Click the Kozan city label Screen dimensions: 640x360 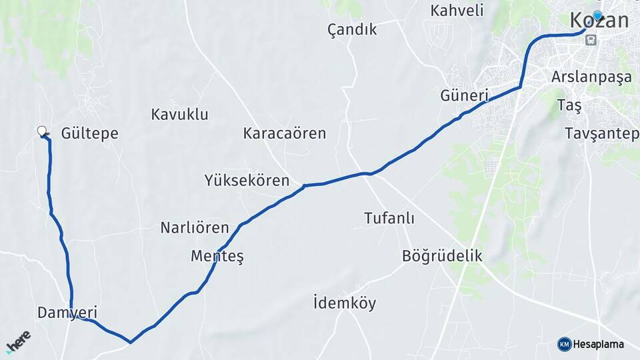(599, 21)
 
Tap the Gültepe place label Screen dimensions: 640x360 (89, 133)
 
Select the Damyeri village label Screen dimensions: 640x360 (67, 312)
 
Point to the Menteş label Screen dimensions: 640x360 (217, 256)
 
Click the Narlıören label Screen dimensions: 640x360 (194, 228)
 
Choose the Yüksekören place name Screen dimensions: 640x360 (247, 180)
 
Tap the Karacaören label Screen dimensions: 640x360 (284, 133)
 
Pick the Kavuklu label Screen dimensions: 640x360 (179, 114)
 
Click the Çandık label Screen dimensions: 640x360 (352, 29)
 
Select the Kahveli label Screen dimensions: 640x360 (457, 11)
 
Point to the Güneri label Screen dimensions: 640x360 (464, 95)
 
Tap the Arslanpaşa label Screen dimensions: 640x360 (591, 77)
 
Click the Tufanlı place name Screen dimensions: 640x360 (389, 218)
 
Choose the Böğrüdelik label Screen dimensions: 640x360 (441, 256)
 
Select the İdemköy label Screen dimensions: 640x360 (344, 303)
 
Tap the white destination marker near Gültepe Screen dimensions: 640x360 (43, 131)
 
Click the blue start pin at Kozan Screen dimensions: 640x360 (597, 17)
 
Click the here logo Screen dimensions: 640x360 (18, 341)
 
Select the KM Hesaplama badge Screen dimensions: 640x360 (591, 344)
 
